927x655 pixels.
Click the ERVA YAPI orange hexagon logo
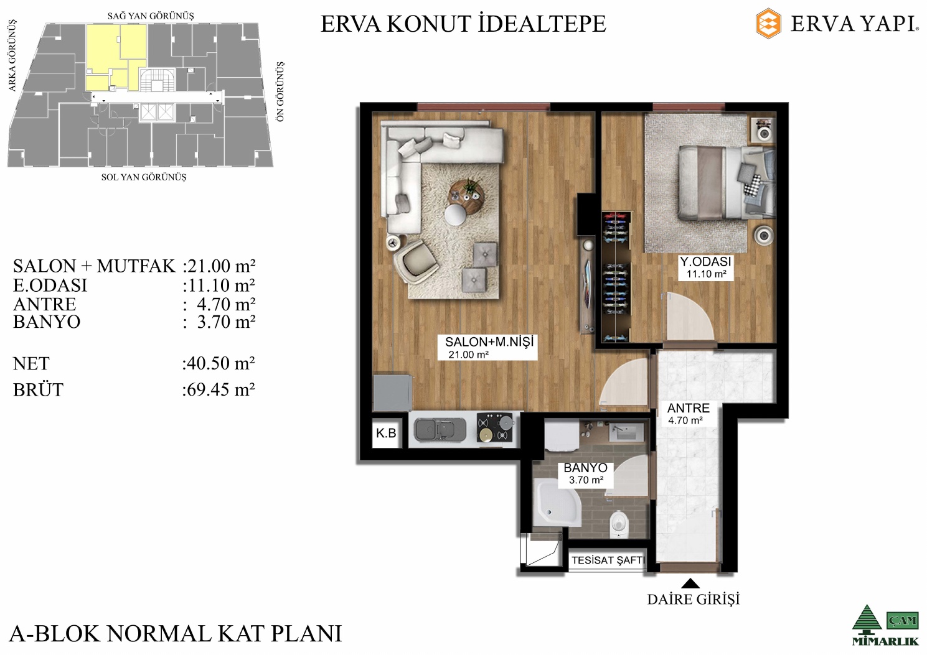(768, 24)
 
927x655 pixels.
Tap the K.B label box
(387, 434)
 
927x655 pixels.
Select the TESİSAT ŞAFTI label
(608, 560)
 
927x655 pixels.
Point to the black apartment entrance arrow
(690, 583)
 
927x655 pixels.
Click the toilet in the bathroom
(619, 524)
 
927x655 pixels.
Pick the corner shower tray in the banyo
(557, 502)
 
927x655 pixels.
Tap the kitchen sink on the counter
(440, 430)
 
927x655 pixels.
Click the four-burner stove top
(496, 427)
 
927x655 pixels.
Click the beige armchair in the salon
(416, 261)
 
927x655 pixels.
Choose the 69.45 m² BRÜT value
(219, 389)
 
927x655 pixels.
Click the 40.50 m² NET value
(219, 363)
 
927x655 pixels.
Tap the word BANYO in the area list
(47, 322)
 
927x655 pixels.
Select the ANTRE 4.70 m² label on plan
(688, 414)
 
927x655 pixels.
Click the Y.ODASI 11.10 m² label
(706, 267)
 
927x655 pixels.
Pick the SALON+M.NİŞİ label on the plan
(488, 347)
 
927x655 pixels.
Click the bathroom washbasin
(626, 432)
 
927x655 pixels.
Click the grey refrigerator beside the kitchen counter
(392, 393)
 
